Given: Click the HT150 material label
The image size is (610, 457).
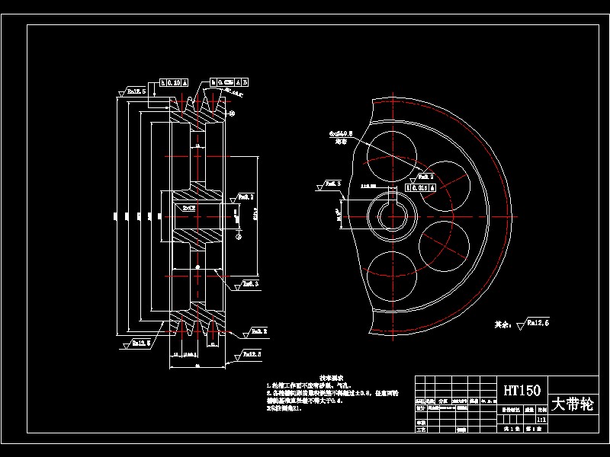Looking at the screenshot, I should [x=522, y=390].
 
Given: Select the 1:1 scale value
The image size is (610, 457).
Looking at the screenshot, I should [x=541, y=419].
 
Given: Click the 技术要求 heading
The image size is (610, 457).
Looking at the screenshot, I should [x=331, y=376].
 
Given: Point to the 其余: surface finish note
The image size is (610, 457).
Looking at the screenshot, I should [x=522, y=324].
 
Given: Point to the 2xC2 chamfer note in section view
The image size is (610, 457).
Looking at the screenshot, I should [x=189, y=207].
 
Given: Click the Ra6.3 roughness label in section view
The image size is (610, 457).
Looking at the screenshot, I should [x=249, y=197].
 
